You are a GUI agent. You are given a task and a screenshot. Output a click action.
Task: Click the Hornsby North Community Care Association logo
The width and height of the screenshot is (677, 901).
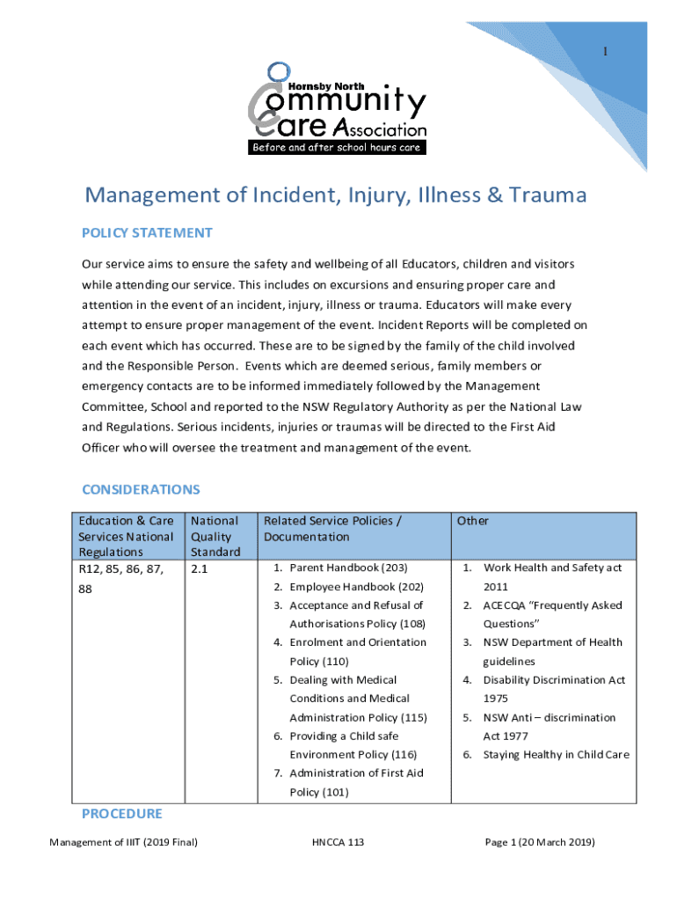pos(338,108)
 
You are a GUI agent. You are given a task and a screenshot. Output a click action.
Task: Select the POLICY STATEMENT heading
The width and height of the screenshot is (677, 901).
pos(147,233)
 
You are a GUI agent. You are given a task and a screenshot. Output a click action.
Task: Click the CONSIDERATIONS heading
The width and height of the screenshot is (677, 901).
pos(141,489)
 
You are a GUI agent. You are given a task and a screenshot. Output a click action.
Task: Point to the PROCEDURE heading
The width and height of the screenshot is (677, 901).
pos(122,814)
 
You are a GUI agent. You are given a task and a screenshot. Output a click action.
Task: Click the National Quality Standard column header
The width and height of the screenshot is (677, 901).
pos(215,536)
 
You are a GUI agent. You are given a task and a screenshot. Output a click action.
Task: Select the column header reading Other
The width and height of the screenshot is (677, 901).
pos(473,521)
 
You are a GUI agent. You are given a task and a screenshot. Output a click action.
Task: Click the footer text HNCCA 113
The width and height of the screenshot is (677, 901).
pos(338,843)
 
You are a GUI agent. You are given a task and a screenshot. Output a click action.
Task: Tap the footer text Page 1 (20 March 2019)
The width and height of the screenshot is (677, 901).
pos(540,843)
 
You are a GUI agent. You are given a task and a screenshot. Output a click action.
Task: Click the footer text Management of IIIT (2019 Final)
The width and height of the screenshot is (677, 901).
pos(123,843)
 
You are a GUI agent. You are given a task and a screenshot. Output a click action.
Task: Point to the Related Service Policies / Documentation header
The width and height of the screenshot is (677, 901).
pos(332,529)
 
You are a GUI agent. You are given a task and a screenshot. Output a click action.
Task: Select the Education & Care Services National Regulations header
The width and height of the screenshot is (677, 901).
pos(126,536)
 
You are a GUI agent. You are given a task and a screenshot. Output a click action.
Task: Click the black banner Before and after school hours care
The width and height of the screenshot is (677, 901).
pos(338,148)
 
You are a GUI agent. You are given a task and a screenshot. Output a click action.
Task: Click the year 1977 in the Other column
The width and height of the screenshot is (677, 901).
pos(506,736)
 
